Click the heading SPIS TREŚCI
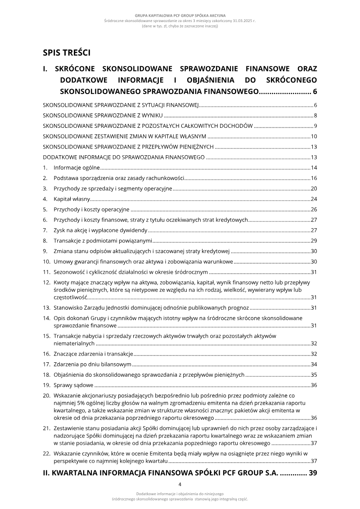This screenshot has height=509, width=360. click(x=67, y=53)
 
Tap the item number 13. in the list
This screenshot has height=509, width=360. click(x=46, y=307)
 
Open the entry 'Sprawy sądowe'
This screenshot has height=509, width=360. click(x=73, y=385)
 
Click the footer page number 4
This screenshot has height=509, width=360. click(x=180, y=485)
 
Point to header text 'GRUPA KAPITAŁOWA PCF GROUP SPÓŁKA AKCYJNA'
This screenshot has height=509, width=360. click(x=180, y=15)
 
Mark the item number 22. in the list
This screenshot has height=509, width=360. click(x=46, y=452)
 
